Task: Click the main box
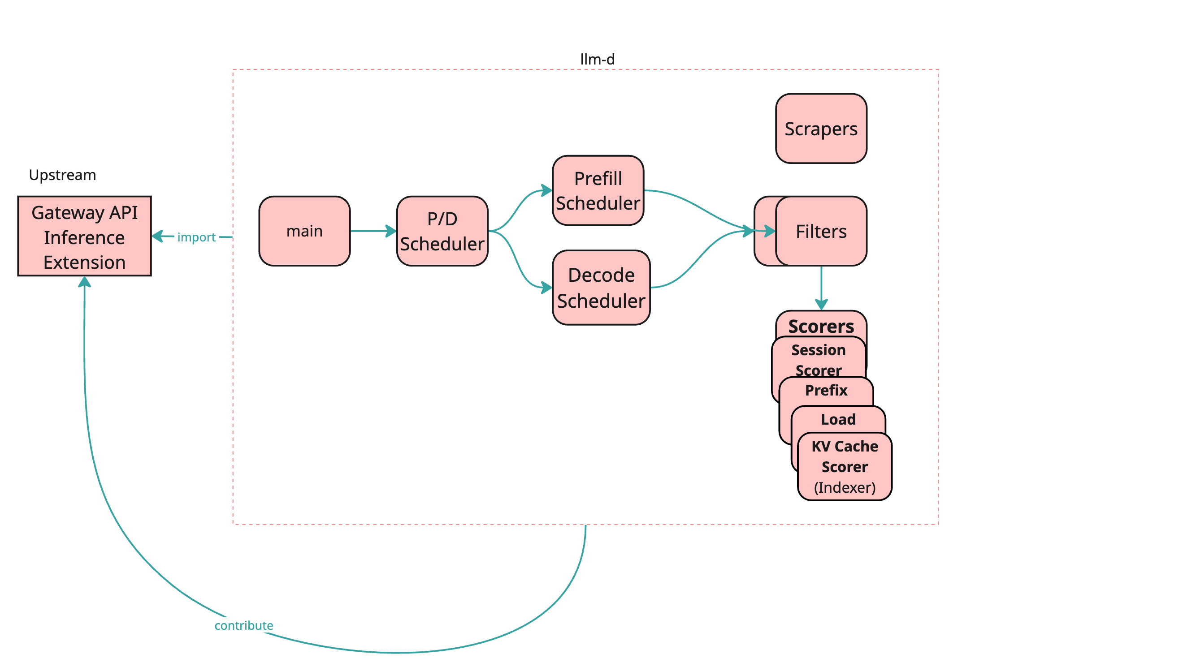tap(304, 231)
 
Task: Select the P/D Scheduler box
tap(442, 231)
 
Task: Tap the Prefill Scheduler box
tap(598, 190)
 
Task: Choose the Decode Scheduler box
tap(601, 287)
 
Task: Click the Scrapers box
tap(820, 129)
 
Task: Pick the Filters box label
tap(820, 231)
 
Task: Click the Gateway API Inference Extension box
tap(84, 236)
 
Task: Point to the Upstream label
tap(62, 175)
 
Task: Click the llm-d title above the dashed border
tap(597, 59)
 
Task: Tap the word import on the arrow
tap(196, 237)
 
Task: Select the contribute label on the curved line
tap(243, 625)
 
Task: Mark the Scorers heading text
tap(820, 326)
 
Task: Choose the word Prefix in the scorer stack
tap(826, 390)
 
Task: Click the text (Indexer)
tap(844, 487)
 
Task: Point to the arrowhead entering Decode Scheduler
tap(547, 287)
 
